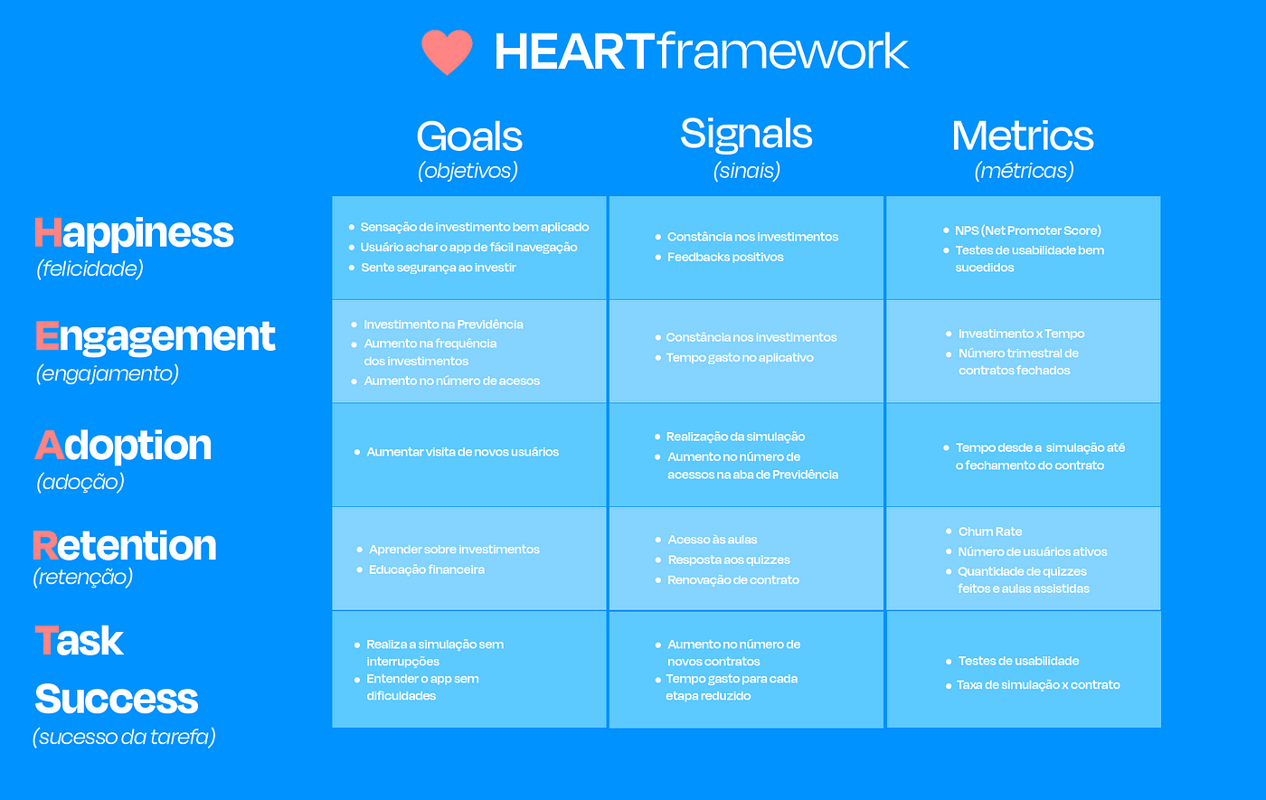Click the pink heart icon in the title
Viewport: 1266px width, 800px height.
447,52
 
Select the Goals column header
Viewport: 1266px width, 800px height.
469,136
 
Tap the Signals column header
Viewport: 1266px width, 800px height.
746,135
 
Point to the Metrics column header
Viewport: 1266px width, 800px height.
1023,136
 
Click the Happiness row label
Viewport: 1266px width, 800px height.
134,233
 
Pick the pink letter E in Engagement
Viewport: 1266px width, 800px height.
47,335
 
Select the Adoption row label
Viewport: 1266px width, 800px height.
123,446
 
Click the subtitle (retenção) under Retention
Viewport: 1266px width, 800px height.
82,577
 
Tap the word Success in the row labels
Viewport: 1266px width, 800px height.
117,699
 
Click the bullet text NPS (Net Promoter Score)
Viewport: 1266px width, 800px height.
1028,231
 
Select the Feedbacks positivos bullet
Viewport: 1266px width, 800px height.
725,257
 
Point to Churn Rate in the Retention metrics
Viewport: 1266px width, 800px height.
989,532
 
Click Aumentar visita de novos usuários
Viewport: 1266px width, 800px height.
462,452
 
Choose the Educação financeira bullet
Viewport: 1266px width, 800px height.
427,569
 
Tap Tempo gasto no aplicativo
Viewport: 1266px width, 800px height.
740,358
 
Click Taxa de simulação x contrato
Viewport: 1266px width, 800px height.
1038,685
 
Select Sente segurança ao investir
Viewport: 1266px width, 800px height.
438,268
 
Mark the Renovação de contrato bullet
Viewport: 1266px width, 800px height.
733,580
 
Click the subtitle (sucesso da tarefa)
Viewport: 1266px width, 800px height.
125,737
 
